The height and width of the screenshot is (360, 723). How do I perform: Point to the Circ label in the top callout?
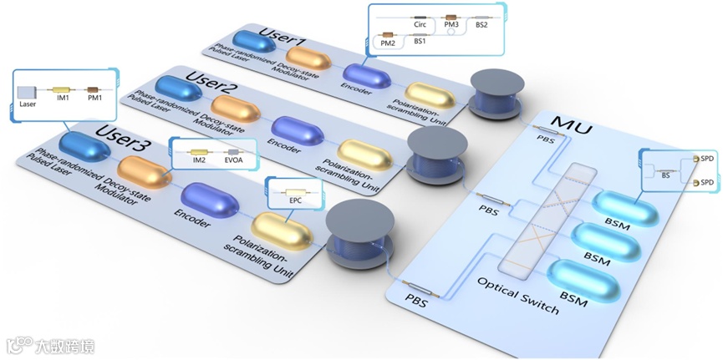(x=420, y=25)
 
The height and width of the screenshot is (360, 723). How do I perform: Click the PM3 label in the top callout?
(x=451, y=25)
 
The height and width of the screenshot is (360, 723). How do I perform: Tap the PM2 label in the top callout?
(x=388, y=42)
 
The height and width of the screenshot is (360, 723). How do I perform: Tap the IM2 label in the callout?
(x=199, y=159)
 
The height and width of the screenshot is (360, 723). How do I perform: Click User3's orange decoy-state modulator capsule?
(x=144, y=170)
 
